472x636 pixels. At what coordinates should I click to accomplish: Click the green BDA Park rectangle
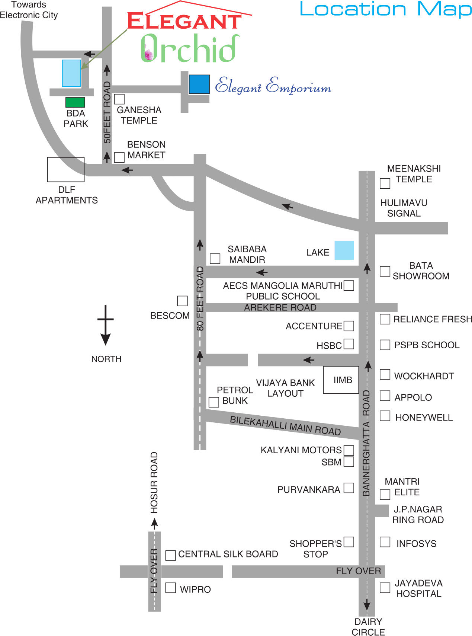75,102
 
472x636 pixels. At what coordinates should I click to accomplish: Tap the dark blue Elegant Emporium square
199,84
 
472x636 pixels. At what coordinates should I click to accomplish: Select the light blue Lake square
344,250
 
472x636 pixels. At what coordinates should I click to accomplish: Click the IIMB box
341,380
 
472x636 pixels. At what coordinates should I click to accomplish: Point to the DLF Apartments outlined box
66,170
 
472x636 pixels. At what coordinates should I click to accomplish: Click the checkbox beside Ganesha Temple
119,99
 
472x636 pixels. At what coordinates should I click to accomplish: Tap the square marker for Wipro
170,588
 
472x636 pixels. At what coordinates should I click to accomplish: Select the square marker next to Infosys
385,542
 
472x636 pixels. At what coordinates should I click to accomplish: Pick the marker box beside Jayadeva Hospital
385,588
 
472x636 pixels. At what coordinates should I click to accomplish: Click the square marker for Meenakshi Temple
385,183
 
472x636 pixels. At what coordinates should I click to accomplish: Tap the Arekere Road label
280,308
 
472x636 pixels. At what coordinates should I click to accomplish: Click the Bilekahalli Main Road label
285,425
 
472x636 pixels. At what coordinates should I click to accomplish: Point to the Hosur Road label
154,482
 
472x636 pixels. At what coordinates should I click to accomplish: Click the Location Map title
386,9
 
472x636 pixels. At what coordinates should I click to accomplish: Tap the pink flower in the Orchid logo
148,54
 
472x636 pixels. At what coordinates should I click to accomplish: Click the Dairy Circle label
368,627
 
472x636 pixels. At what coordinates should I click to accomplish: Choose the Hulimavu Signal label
404,208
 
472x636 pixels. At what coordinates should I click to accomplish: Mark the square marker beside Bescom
182,301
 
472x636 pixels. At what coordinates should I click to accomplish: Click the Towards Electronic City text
29,10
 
